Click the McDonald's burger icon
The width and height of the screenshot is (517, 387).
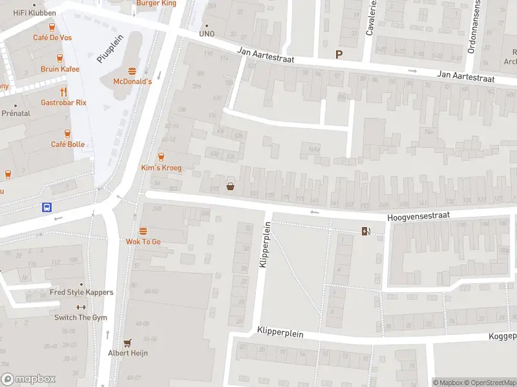132,71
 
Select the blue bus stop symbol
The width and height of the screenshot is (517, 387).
47,207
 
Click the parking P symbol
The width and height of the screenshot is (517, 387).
338,55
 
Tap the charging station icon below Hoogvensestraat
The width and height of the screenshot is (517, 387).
366,232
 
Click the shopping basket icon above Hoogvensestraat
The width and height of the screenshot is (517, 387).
230,187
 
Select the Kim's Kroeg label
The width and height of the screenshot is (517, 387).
161,168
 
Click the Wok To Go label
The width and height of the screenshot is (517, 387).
143,241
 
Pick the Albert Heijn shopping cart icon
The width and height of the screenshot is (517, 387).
127,342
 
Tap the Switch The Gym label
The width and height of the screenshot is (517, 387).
81,317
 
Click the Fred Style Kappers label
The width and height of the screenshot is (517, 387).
81,292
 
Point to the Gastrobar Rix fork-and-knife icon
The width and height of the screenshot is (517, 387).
63,92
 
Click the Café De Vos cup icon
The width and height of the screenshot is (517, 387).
52,26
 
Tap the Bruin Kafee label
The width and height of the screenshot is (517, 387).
60,69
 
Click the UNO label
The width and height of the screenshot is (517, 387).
206,34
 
